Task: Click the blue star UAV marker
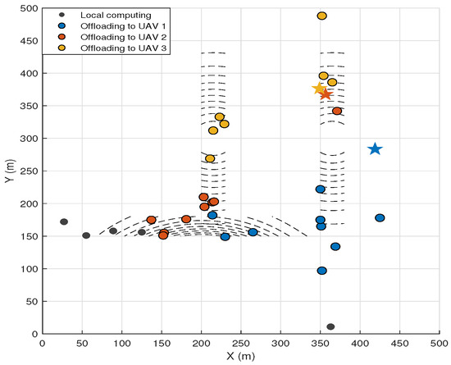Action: pyautogui.click(x=375, y=148)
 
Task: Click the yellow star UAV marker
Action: pyautogui.click(x=319, y=88)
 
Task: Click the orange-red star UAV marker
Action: pyautogui.click(x=326, y=94)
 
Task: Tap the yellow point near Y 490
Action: pyautogui.click(x=322, y=16)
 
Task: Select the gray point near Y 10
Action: pyautogui.click(x=330, y=326)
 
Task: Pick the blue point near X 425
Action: pyautogui.click(x=380, y=217)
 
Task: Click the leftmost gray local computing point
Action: pyautogui.click(x=64, y=221)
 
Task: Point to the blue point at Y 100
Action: pyautogui.click(x=322, y=271)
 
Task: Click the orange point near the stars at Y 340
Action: pyautogui.click(x=337, y=111)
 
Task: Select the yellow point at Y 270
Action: pyautogui.click(x=210, y=158)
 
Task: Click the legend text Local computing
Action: pyautogui.click(x=116, y=15)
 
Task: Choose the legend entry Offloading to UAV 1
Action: pyautogui.click(x=112, y=26)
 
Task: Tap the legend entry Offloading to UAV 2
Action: pyautogui.click(x=112, y=37)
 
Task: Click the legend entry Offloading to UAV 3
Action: pyautogui.click(x=112, y=48)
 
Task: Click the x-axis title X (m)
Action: pyautogui.click(x=241, y=356)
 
